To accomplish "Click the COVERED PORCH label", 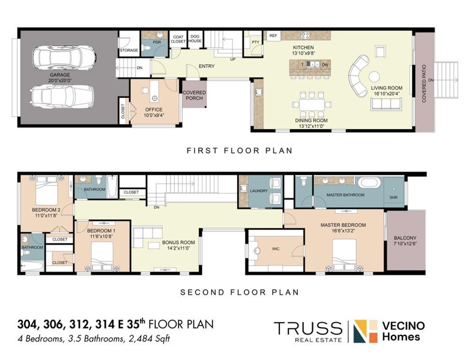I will (x=194, y=97).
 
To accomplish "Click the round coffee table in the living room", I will (x=374, y=77).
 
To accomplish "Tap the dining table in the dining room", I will (x=311, y=106).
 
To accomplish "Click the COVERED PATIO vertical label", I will (x=424, y=83).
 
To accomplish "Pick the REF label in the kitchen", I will (x=273, y=36).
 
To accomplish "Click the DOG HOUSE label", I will (x=195, y=38).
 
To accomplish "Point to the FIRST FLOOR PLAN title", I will (x=239, y=151).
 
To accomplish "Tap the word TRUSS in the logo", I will (x=307, y=328).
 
